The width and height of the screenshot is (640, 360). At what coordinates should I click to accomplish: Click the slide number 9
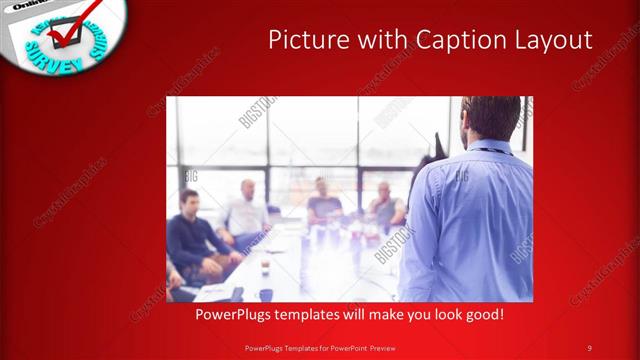(x=589, y=347)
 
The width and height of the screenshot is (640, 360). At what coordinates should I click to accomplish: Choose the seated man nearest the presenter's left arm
(x=385, y=205)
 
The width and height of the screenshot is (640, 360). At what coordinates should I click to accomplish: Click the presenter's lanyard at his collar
(x=490, y=150)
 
